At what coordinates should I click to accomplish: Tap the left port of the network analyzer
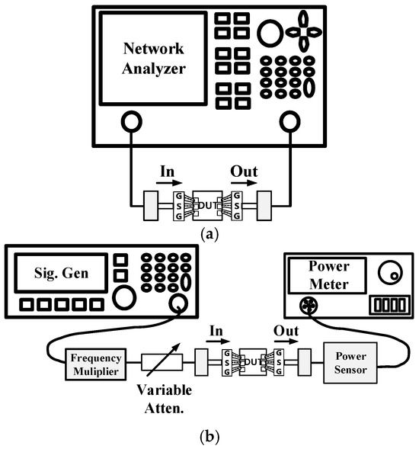coord(130,120)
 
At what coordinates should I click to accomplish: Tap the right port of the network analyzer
coord(289,120)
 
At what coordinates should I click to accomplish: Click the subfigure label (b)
coord(209,437)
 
